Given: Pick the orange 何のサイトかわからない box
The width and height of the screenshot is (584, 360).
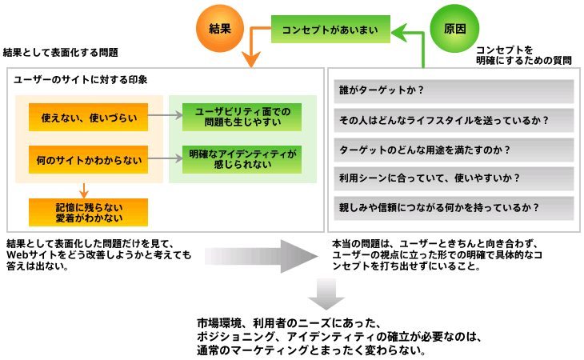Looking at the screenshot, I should click(x=88, y=160).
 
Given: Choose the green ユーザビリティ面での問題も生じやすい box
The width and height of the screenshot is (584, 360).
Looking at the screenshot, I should click(x=242, y=117).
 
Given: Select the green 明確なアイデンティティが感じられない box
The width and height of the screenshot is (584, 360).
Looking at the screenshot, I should click(x=242, y=160).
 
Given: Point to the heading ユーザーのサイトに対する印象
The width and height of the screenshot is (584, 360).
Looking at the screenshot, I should click(x=81, y=80).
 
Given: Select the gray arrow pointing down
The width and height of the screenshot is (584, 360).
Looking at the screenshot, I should click(x=326, y=298).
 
